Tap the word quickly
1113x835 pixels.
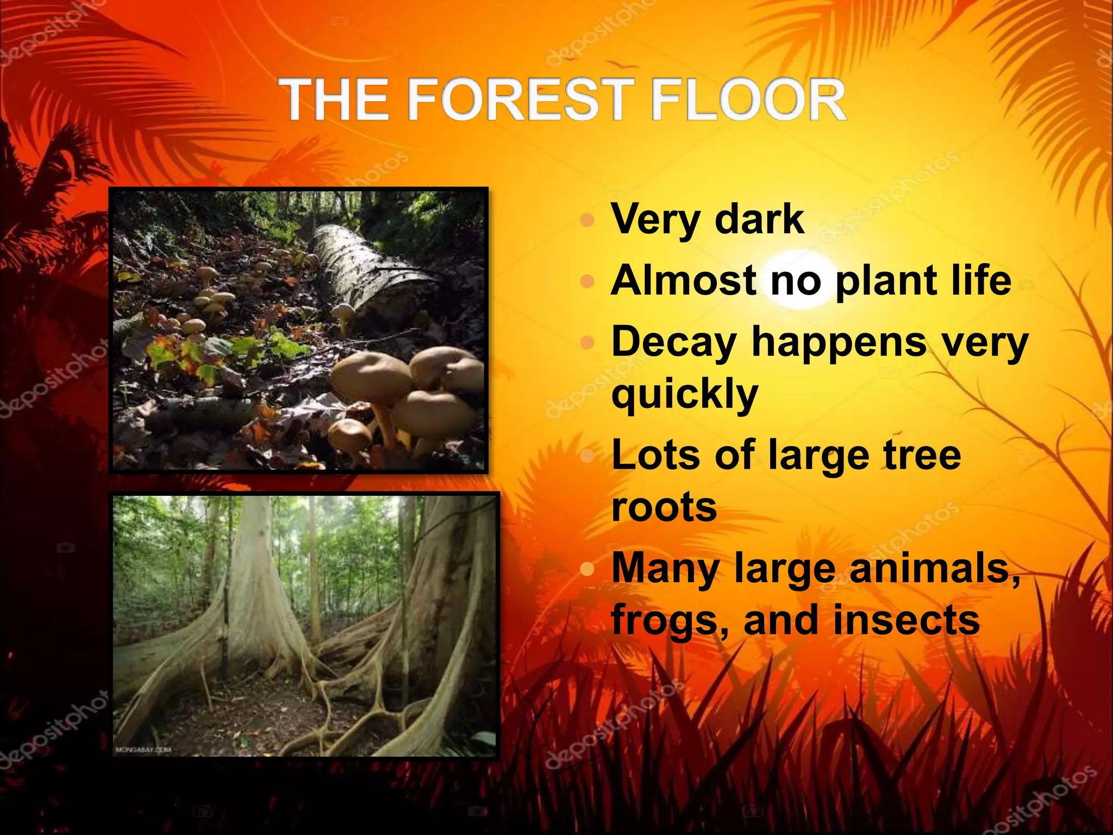(684, 395)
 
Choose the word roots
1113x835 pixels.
(664, 507)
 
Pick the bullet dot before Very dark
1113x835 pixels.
(587, 220)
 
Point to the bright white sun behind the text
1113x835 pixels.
(802, 277)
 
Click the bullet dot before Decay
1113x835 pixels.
(587, 343)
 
